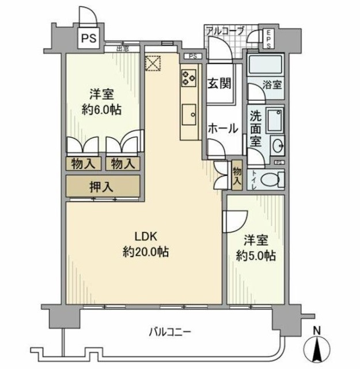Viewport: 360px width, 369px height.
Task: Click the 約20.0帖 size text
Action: click(146, 252)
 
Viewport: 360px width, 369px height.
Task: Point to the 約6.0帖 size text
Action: click(101, 110)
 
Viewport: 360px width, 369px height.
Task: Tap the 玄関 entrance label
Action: click(219, 83)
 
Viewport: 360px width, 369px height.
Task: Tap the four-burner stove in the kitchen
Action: click(188, 77)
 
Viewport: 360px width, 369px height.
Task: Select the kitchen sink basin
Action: click(188, 113)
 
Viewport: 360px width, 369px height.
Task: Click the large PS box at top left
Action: click(88, 39)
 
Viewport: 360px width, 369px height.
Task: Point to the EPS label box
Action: click(268, 38)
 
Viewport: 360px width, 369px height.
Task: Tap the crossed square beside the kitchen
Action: click(154, 62)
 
